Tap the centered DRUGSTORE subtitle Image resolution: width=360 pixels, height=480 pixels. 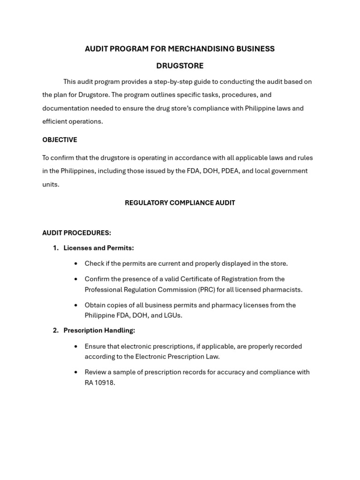pos(180,66)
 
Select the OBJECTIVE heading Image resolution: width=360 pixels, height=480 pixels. pos(60,140)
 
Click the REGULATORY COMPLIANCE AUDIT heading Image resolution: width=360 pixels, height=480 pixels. pos(180,203)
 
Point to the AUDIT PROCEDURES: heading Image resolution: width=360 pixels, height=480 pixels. pos(76,233)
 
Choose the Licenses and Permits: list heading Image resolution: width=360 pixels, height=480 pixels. pos(98,248)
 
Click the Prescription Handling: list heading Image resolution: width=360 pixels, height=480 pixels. pos(99,330)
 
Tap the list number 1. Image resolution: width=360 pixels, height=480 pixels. pos(55,248)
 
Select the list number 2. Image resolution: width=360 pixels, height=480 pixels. pos(55,330)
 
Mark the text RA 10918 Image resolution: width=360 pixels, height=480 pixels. pos(99,382)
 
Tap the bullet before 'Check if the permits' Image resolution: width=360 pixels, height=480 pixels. pos(76,263)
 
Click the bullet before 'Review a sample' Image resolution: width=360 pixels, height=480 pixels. pos(76,372)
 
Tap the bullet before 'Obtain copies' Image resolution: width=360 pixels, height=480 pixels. pos(76,305)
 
